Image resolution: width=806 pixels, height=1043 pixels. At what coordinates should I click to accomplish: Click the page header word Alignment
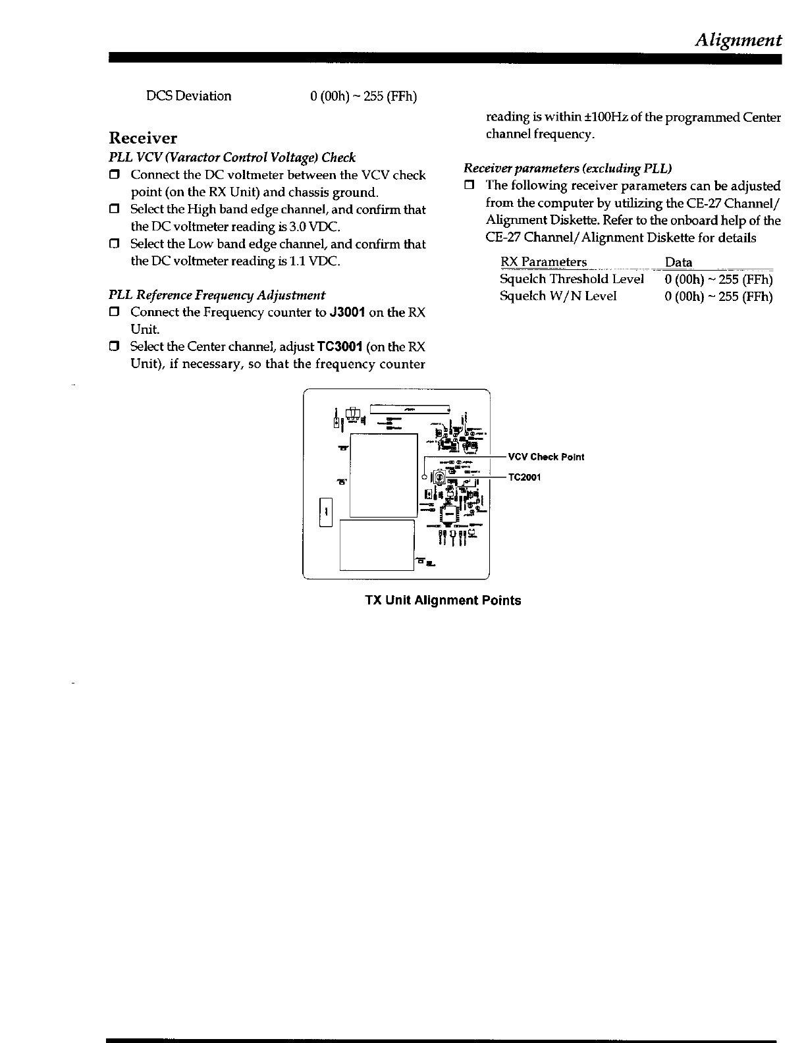(x=738, y=40)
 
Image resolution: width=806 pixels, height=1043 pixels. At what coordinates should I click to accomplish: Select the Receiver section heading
(x=143, y=138)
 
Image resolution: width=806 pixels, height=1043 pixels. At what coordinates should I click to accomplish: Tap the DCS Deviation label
(x=188, y=96)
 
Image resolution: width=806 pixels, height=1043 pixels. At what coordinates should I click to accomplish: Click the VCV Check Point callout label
(x=546, y=457)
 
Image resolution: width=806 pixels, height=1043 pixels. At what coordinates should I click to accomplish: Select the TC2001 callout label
(x=525, y=477)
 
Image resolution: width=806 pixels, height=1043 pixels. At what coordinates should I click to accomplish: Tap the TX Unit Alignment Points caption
(x=443, y=601)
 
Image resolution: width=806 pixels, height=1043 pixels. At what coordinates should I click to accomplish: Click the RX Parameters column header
(x=543, y=262)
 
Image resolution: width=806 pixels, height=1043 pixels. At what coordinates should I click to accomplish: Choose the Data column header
(x=678, y=262)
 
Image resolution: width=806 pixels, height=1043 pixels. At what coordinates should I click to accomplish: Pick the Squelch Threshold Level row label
(x=572, y=279)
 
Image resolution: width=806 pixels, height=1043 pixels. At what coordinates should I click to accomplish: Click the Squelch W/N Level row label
(x=558, y=296)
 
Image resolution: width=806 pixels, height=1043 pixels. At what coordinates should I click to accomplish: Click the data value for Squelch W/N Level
(x=718, y=296)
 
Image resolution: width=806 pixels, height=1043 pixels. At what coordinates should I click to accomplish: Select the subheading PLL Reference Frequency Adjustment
(x=217, y=295)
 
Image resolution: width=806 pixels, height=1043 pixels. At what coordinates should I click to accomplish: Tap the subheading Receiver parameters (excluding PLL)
(x=568, y=169)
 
